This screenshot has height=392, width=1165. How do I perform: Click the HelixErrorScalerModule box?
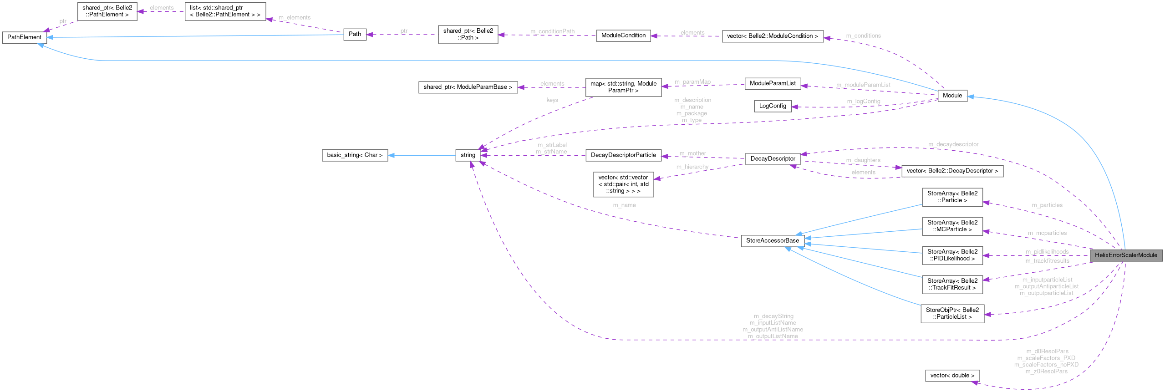pyautogui.click(x=1125, y=255)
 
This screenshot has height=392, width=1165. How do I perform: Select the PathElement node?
pyautogui.click(x=24, y=37)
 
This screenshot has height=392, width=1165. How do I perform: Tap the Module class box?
pyautogui.click(x=952, y=96)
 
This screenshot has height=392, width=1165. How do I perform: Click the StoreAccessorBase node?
pyautogui.click(x=772, y=241)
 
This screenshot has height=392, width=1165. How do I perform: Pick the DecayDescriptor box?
pyautogui.click(x=773, y=159)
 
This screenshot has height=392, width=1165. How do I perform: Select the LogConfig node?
pyautogui.click(x=772, y=106)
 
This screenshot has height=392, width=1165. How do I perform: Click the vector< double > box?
pyautogui.click(x=952, y=376)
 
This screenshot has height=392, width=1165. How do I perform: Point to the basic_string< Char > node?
pyautogui.click(x=355, y=155)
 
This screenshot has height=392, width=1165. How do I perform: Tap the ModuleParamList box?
pyautogui.click(x=772, y=83)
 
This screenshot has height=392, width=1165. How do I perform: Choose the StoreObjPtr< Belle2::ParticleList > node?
pyautogui.click(x=952, y=314)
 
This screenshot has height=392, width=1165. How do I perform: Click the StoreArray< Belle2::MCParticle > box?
pyautogui.click(x=952, y=226)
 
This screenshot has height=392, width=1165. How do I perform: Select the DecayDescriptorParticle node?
pyautogui.click(x=623, y=155)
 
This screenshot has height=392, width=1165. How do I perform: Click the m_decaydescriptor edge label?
pyautogui.click(x=953, y=144)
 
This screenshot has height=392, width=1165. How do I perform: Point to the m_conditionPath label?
pyautogui.click(x=552, y=31)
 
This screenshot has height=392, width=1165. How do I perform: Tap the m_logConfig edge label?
pyautogui.click(x=863, y=101)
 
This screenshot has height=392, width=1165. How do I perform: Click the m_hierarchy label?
pyautogui.click(x=692, y=167)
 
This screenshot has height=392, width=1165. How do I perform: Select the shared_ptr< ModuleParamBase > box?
pyautogui.click(x=468, y=87)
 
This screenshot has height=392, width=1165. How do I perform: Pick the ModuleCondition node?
pyautogui.click(x=623, y=36)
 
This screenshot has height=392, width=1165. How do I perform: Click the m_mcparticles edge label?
pyautogui.click(x=1047, y=233)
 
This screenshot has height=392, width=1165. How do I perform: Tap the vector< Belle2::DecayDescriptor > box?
pyautogui.click(x=952, y=171)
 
